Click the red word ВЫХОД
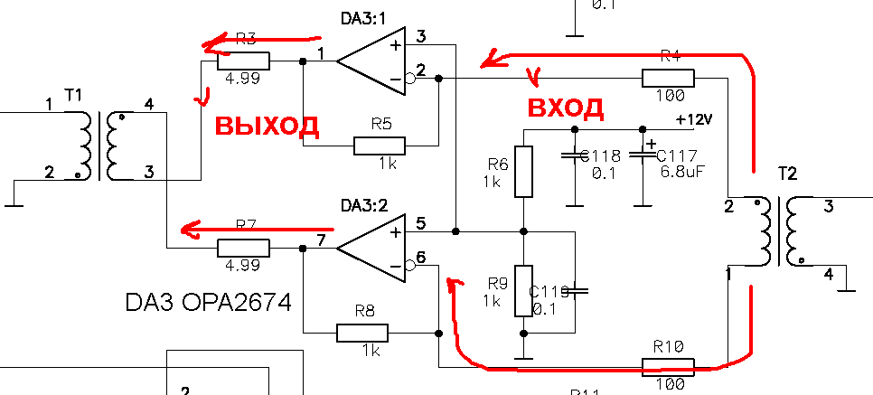pos(266,125)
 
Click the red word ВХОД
pos(565,108)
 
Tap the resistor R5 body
pos(380,146)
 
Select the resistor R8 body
pos(361,333)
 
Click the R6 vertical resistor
pos(524,171)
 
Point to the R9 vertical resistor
pos(524,291)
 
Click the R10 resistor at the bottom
pos(668,366)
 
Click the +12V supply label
pos(694,119)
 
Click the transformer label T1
pos(73,95)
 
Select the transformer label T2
pos(788,173)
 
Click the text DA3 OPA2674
pos(208,302)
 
